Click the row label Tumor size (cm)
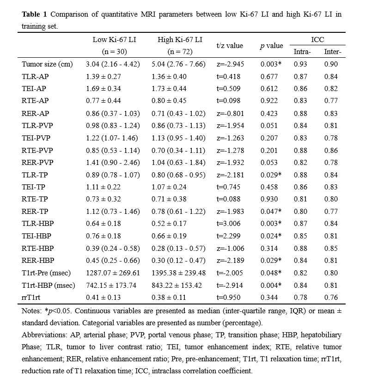[47, 64]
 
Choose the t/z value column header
[229, 46]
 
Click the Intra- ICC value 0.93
[300, 64]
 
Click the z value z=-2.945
[229, 64]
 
